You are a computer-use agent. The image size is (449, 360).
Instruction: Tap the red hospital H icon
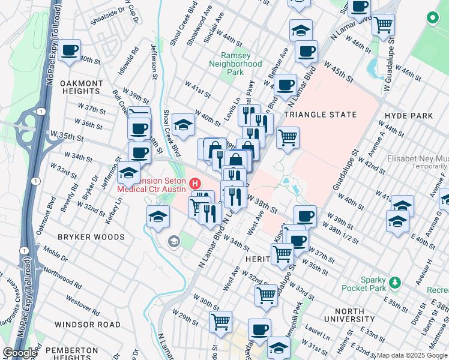click(x=194, y=182)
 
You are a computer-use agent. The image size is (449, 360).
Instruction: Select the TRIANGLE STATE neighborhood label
click(x=320, y=115)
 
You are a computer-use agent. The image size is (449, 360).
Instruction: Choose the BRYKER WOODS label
click(x=90, y=237)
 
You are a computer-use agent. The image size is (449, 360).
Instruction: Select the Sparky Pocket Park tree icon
click(x=395, y=282)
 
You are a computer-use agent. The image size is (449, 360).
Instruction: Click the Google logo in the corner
click(x=20, y=353)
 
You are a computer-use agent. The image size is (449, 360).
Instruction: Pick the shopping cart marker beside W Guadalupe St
click(x=382, y=25)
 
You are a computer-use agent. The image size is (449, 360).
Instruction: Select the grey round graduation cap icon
click(x=174, y=241)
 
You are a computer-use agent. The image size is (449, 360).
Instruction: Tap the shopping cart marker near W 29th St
click(x=221, y=321)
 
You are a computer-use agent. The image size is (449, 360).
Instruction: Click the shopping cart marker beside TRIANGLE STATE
click(x=288, y=137)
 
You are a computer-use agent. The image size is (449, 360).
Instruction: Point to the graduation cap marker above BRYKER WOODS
click(x=158, y=215)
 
